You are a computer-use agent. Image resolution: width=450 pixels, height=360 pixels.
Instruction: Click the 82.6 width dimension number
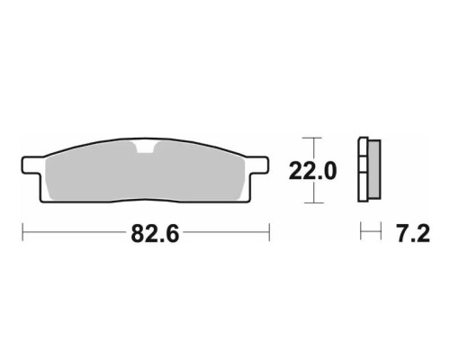[x=155, y=234]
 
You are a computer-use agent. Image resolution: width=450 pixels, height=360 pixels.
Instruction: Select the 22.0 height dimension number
[x=312, y=171]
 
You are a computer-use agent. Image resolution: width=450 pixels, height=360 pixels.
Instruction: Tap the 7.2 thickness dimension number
[x=413, y=233]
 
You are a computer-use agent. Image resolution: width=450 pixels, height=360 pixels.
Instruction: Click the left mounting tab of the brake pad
[x=31, y=165]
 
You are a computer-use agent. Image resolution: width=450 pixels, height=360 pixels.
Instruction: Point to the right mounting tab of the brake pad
[x=258, y=165]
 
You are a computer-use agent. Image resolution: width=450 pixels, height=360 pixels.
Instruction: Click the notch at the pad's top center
[x=146, y=147]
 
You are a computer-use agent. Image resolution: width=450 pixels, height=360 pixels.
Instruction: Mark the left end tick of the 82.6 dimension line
[x=22, y=231]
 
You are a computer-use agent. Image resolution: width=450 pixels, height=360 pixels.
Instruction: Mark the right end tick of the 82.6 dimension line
[x=269, y=231]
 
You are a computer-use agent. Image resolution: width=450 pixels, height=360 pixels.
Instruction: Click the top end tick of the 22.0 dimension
[x=312, y=138]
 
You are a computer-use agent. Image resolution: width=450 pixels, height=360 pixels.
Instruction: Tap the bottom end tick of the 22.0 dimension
[x=313, y=202]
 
